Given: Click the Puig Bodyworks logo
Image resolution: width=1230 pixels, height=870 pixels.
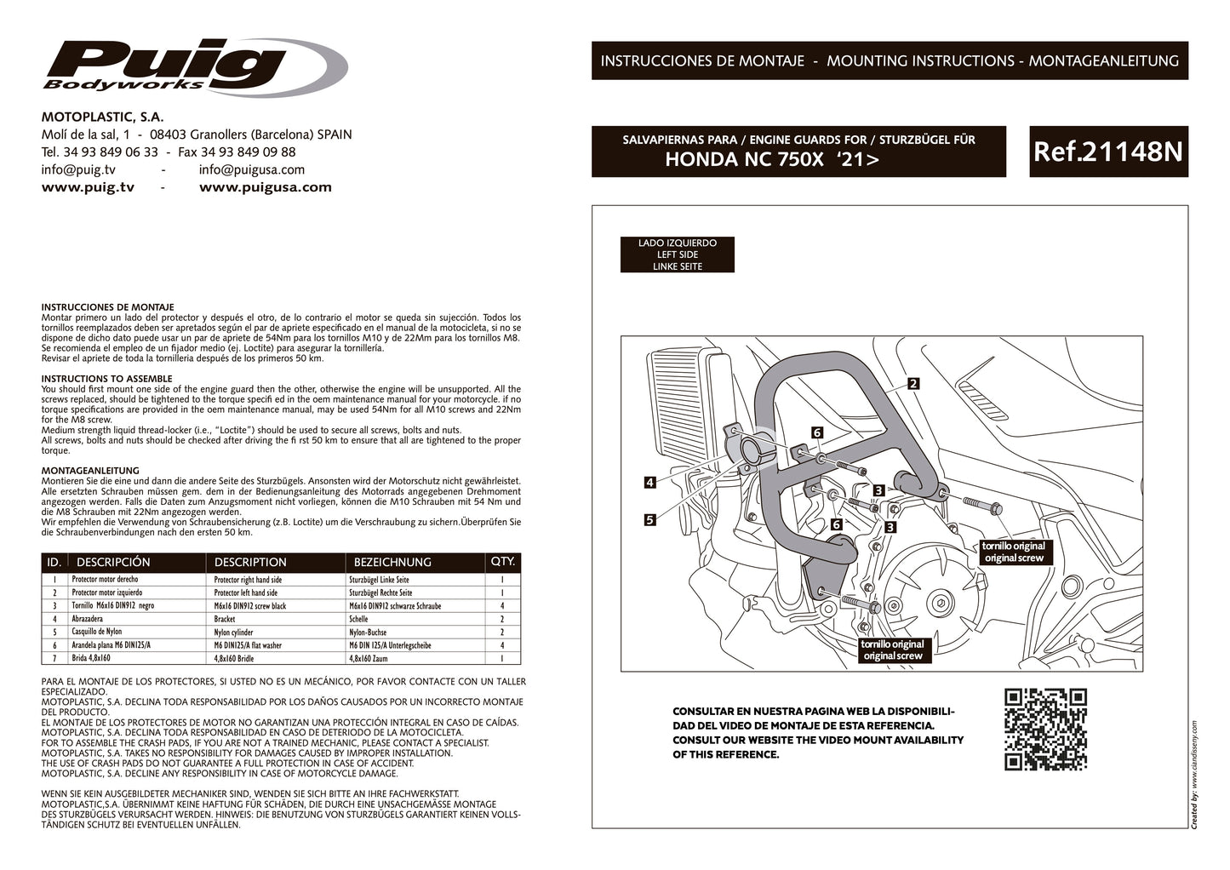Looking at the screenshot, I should (195, 66).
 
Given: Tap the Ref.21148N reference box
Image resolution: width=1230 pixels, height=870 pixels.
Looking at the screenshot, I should (1107, 152).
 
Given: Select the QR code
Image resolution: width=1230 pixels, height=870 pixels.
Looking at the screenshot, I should (1045, 730).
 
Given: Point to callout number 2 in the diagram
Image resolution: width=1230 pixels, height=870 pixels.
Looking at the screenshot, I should (912, 384).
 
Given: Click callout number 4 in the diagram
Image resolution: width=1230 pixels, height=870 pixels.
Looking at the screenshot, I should (649, 483).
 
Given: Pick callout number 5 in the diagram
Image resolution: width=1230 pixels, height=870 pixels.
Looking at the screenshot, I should (649, 519).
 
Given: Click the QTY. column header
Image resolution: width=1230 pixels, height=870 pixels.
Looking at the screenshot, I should (503, 562).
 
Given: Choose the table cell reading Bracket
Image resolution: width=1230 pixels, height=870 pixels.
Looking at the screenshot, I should (225, 619).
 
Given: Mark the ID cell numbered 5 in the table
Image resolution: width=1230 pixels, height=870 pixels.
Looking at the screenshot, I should (54, 632).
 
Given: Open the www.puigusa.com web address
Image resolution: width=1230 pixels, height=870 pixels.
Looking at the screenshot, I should (265, 187).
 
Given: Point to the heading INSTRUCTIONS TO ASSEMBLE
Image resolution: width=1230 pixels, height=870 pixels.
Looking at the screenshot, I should (106, 379).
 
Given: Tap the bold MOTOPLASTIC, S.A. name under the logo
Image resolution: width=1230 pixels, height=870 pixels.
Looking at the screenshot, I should (102, 117).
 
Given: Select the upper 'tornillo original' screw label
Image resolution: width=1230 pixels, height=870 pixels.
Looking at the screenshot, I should (1012, 552).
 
